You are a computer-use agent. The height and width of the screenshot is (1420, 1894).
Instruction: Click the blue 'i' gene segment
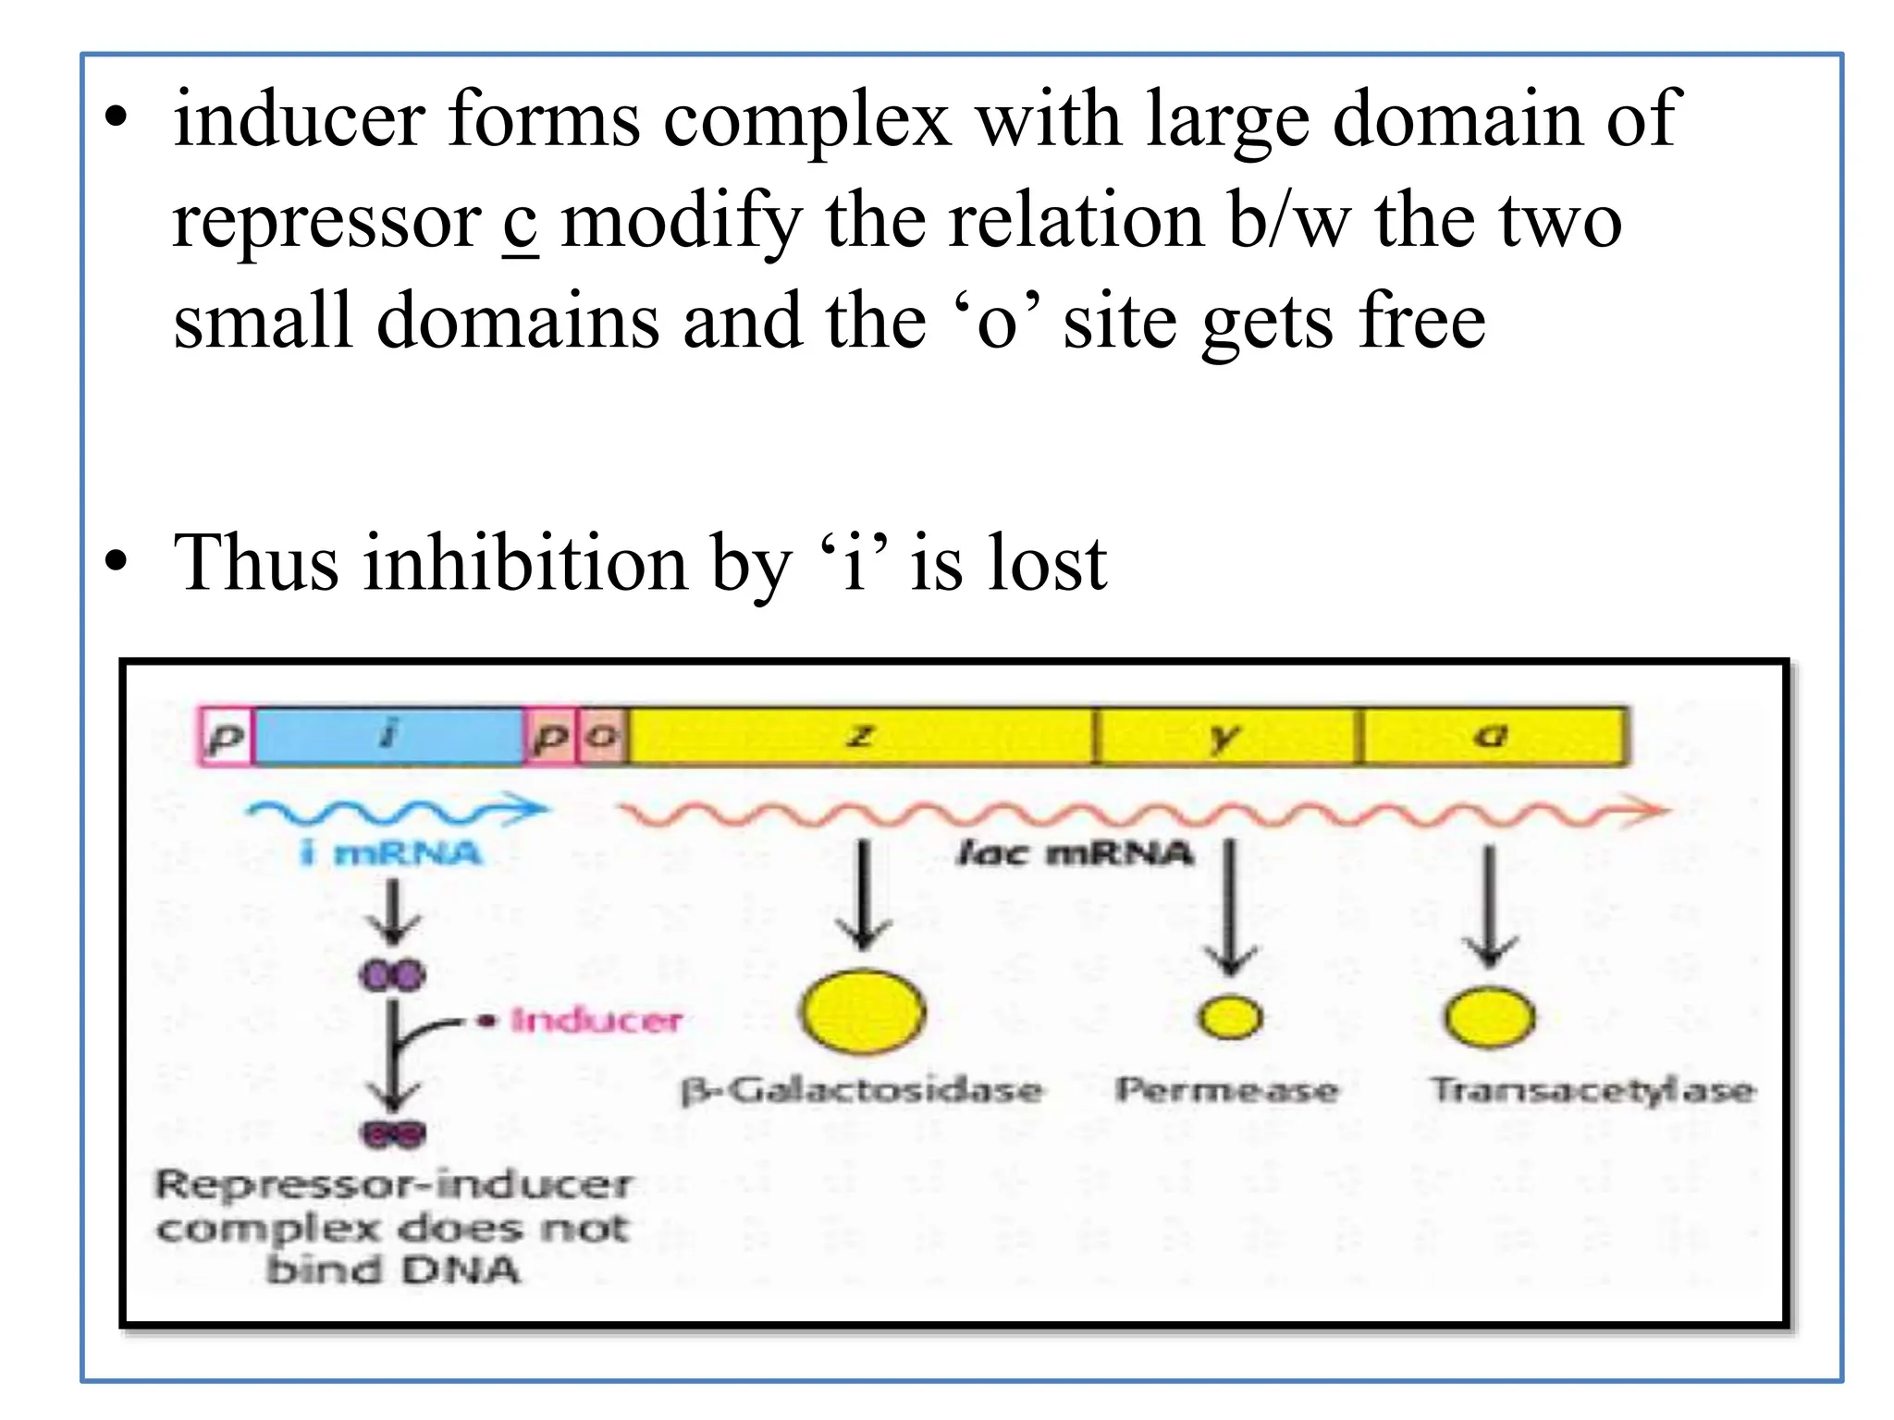[388, 736]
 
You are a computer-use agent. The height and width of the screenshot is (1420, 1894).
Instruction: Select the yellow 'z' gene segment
[860, 736]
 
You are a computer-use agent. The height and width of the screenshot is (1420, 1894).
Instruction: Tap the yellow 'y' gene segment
[1225, 736]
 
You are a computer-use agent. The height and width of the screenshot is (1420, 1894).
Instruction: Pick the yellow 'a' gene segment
[1491, 736]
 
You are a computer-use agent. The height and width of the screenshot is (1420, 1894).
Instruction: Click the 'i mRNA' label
[391, 852]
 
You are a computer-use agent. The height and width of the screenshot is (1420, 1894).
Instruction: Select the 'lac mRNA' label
[1075, 852]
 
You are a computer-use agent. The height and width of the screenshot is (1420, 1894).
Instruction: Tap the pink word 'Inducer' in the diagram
[596, 1021]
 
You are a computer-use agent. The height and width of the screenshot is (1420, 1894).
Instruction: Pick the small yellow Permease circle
[1229, 1017]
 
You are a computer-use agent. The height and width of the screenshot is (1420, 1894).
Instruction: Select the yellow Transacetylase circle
[1490, 1017]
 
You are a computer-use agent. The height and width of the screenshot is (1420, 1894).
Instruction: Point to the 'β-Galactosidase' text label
[862, 1090]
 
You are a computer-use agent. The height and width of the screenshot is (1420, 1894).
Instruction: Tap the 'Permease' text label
[1226, 1090]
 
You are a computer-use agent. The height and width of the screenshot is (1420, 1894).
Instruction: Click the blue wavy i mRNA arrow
[398, 812]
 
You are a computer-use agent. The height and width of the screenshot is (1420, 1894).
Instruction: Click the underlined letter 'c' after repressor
[521, 223]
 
